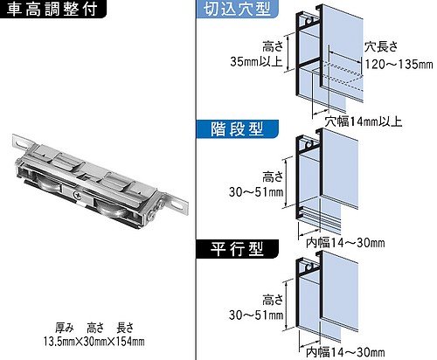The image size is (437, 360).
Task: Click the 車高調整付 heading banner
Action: point(52,9)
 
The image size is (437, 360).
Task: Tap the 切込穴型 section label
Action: point(238,9)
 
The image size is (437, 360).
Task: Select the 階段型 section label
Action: point(238,129)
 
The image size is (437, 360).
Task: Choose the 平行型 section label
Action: point(238,249)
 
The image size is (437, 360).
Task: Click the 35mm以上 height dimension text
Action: point(256,62)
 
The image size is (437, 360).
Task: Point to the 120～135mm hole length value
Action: point(399,64)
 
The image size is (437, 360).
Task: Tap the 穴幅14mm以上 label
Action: point(364,121)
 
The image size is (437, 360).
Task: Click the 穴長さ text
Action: point(381,46)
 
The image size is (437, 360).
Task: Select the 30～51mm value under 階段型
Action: point(256,192)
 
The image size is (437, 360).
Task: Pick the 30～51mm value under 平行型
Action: point(256,315)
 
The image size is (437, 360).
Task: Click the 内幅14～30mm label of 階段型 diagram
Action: point(345,243)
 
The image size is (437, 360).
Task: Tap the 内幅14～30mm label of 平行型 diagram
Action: point(345,352)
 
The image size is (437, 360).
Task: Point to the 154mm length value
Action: point(129,341)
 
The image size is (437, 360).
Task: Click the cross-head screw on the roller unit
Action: point(78,195)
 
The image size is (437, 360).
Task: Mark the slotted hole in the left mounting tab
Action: point(21,143)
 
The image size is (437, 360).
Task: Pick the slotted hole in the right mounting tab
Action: point(177,204)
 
